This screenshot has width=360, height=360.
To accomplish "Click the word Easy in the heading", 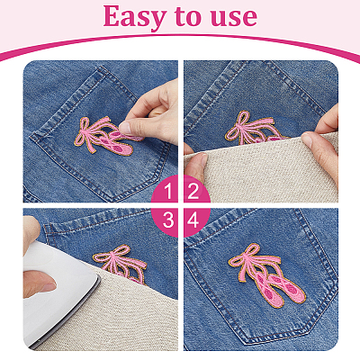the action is pos(134,17).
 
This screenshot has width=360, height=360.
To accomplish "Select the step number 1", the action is pos(168,192).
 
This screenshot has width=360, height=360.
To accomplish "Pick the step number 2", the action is pos(193,192).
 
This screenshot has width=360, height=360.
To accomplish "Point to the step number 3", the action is pos(168,220).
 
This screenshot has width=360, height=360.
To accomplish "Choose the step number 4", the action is pos(193,220).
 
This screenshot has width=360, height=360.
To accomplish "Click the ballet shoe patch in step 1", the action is pos(106,137).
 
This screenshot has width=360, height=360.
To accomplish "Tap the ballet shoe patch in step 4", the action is pos(267,276).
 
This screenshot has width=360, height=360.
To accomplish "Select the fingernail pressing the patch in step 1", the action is pos(125,128).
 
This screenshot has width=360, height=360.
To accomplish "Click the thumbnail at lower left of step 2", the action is pos(203,159).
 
